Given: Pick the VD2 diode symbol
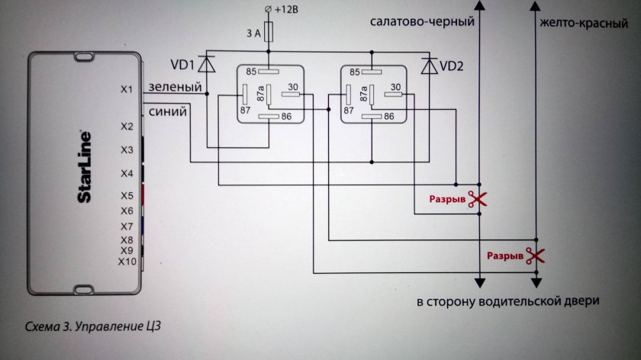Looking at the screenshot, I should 429,66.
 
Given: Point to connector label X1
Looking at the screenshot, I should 127,90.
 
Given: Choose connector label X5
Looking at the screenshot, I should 127,195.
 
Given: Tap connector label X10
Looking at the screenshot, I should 127,262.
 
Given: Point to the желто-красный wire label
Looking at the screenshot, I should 578,22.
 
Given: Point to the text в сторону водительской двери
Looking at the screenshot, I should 507,301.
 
